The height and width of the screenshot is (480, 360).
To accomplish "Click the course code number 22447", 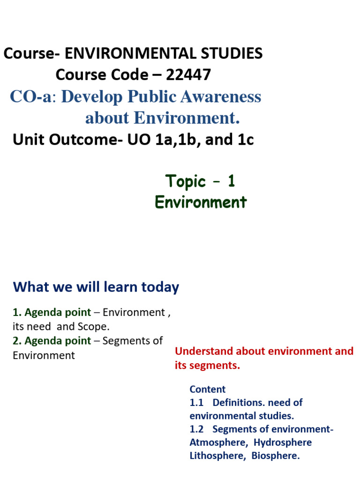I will click(187, 74).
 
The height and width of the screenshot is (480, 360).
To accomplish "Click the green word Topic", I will click(186, 181).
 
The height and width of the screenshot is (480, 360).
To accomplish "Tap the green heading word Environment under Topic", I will click(201, 202).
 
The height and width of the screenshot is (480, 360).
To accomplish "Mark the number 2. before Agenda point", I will click(17, 341).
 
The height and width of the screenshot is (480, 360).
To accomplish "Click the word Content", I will click(208, 389).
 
